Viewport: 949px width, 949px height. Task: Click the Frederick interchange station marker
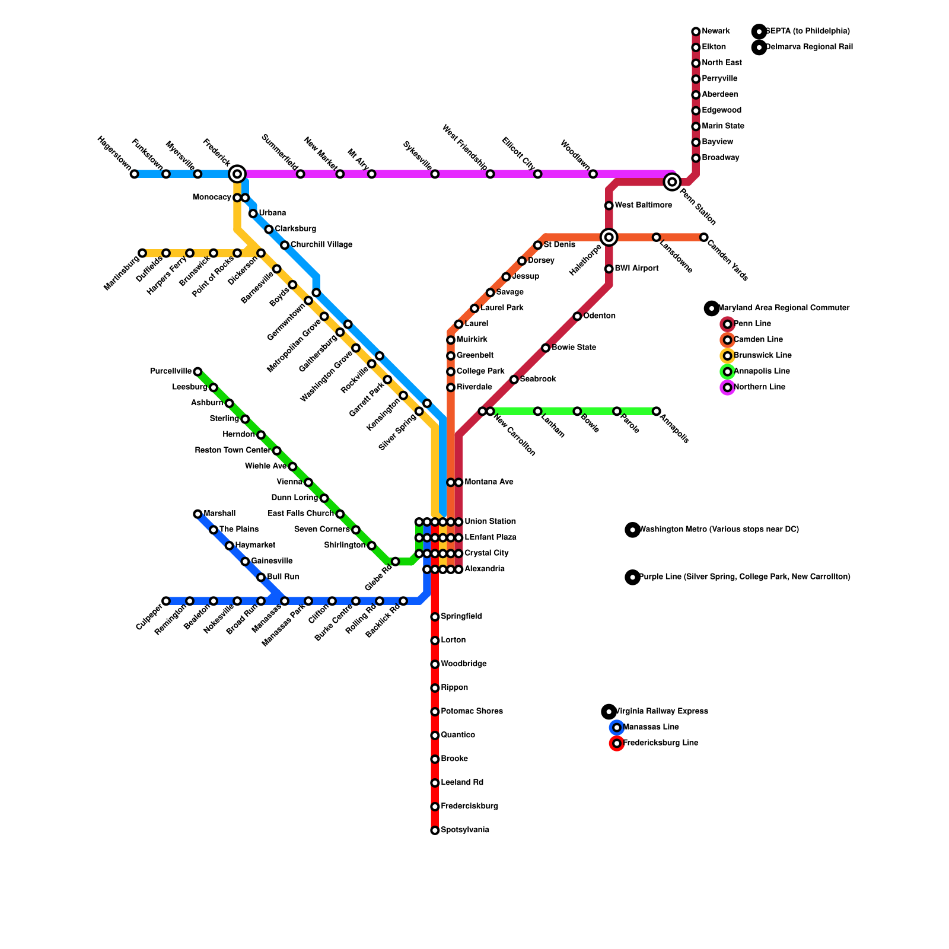point(237,174)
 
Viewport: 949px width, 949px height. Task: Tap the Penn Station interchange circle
point(672,181)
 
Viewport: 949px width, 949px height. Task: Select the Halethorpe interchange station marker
point(609,237)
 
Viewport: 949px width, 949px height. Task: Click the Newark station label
point(715,31)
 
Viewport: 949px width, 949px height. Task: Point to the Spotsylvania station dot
point(435,830)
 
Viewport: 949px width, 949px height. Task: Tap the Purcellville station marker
point(198,372)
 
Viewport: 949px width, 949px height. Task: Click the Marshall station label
point(219,514)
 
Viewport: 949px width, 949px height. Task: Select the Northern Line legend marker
point(728,387)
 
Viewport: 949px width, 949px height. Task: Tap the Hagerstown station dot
point(135,174)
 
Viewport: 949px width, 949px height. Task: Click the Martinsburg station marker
point(142,253)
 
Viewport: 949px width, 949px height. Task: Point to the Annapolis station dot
point(657,411)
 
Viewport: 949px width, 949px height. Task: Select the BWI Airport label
point(636,269)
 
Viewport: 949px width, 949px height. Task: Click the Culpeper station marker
point(166,601)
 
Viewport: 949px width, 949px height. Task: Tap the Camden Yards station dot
point(703,237)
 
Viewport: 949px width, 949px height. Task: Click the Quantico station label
point(458,735)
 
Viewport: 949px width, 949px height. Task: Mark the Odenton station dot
point(577,316)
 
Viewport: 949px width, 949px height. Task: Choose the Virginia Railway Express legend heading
point(661,711)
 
